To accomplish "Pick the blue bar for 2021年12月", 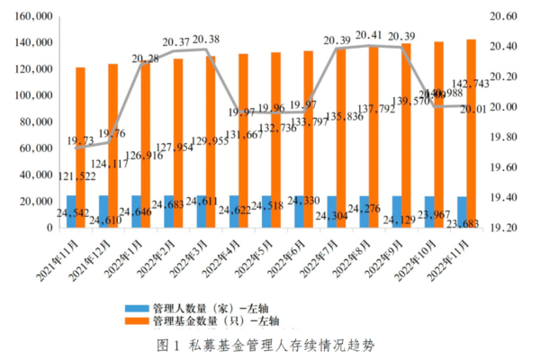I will [x=103, y=212].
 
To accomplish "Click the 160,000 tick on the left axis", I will [x=31, y=16].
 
